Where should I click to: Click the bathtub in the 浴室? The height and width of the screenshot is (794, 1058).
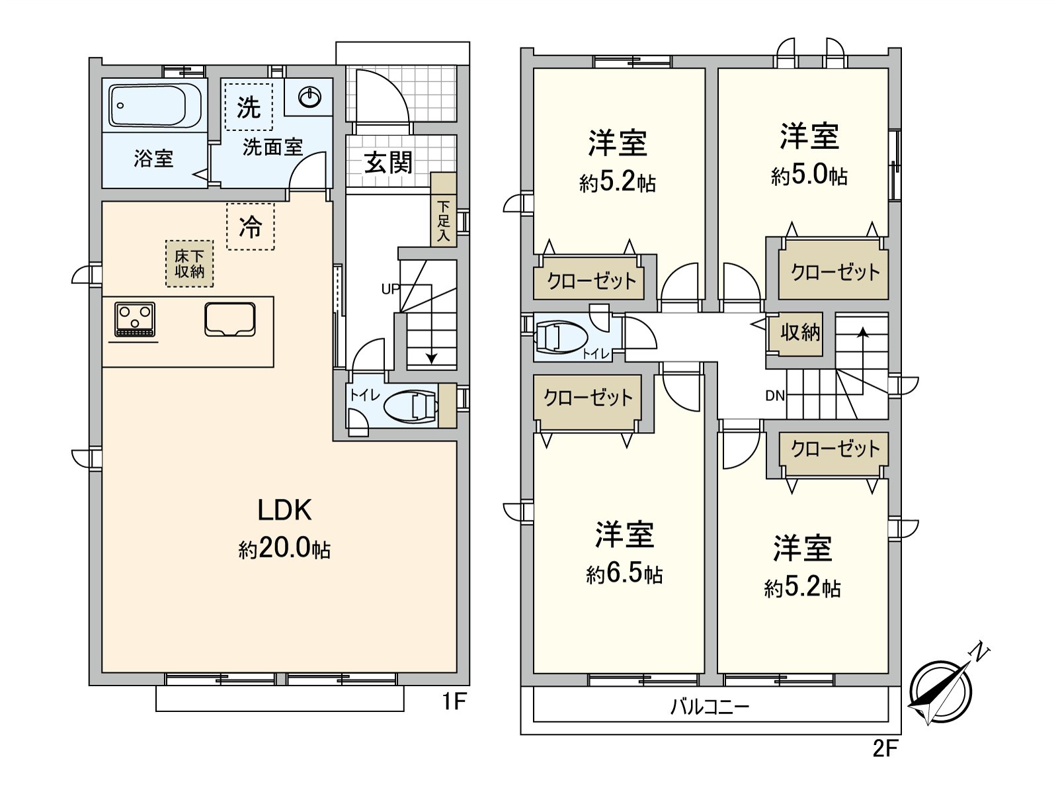(156, 105)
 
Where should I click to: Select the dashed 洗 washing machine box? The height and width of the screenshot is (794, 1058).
(249, 107)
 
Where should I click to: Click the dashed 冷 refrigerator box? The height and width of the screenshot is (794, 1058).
(250, 227)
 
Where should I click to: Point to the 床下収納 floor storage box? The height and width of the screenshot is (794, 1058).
(190, 263)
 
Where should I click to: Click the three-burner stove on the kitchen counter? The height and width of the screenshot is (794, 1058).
(135, 319)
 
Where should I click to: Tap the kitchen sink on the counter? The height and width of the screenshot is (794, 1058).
(230, 320)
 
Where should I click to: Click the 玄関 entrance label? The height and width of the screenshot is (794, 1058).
(388, 162)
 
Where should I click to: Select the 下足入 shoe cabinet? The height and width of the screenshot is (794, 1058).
(443, 210)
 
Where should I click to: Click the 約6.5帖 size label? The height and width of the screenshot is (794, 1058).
(624, 574)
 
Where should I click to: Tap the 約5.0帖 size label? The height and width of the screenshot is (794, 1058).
(809, 176)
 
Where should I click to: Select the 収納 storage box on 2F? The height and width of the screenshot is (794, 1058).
(800, 332)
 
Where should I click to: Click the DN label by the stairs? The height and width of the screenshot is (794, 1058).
(775, 396)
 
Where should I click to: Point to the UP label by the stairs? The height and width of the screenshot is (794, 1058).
(390, 289)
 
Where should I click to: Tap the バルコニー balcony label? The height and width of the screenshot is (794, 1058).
(710, 707)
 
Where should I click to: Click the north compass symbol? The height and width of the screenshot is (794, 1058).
(940, 692)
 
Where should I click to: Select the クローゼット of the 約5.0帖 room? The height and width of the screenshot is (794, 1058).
(834, 273)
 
